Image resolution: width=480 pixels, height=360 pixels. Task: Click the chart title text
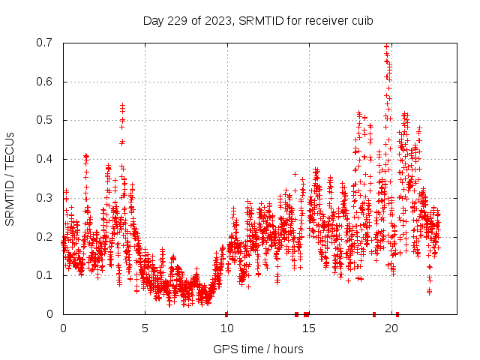[258, 20]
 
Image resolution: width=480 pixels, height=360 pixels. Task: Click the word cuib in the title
[362, 20]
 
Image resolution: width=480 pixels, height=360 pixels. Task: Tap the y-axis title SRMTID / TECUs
[10, 178]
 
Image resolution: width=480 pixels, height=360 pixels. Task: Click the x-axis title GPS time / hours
[258, 349]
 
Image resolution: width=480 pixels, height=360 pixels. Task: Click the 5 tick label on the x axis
[145, 328]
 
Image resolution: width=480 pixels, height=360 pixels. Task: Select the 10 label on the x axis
[227, 328]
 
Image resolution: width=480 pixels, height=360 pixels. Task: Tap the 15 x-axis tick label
[309, 328]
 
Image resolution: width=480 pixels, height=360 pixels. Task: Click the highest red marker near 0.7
[386, 46]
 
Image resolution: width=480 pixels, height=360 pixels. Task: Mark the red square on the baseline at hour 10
[226, 313]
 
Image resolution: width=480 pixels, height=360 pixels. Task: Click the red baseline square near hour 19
[374, 313]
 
